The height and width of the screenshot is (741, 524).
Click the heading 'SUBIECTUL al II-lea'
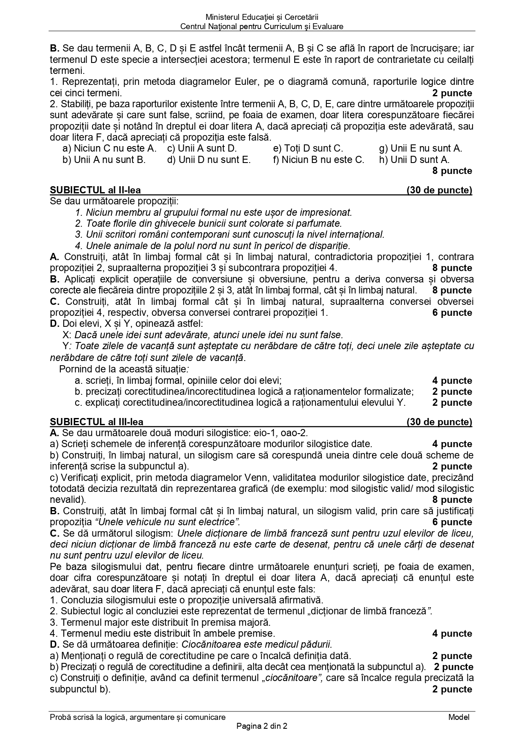[x=95, y=190]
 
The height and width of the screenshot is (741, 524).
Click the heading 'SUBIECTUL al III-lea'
[x=96, y=422]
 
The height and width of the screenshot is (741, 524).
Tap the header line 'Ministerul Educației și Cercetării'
[x=262, y=17]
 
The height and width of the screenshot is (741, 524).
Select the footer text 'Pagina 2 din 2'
[x=262, y=726]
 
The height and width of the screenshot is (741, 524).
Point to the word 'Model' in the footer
[x=459, y=717]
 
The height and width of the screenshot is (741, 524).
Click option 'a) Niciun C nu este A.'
[x=109, y=148]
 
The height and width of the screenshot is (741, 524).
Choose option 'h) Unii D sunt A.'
[x=414, y=160]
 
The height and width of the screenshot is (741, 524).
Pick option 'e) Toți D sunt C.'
[x=308, y=148]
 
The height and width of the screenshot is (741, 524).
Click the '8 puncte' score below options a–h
[x=452, y=171]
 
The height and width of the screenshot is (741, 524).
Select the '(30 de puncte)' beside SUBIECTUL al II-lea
[x=439, y=190]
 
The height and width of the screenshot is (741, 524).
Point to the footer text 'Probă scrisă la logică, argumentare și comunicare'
[x=137, y=717]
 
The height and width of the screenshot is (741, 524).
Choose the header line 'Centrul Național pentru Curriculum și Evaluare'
[x=262, y=26]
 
